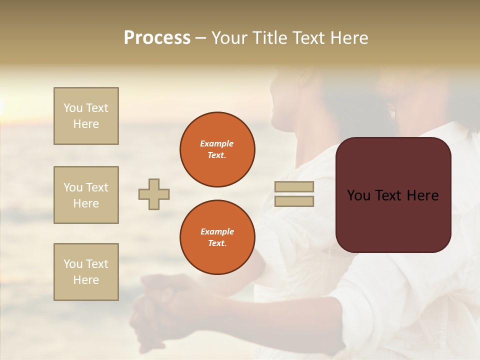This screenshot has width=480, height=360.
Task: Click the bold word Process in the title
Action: pos(157,38)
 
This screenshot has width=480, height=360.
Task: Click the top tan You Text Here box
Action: pos(86,116)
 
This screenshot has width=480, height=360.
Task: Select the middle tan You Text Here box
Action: pos(86,195)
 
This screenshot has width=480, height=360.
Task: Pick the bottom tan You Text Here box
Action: pos(86,272)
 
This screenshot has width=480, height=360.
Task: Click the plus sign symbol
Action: pos(154,194)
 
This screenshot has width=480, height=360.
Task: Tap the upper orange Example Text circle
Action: pos(217,149)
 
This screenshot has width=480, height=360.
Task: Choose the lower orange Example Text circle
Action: pos(217,237)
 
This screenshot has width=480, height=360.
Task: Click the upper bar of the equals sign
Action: pos(294,187)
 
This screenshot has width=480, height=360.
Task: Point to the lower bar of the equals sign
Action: pos(294,201)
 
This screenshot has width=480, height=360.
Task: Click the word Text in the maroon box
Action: pos(393,195)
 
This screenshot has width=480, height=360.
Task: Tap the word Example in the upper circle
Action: pos(217,143)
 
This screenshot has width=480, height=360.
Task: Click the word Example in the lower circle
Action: pos(217,231)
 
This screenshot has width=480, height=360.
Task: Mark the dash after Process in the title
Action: pos(200,38)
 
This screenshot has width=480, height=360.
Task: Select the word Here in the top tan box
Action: pos(86,124)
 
